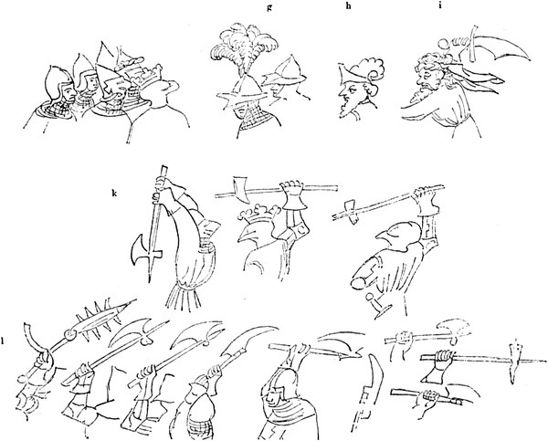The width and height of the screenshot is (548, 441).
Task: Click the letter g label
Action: [x=269, y=7]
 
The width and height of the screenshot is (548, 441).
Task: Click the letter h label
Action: [x=348, y=7]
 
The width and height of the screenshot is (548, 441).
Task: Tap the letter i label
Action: [x=440, y=6]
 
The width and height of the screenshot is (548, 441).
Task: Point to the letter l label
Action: [x=3, y=340]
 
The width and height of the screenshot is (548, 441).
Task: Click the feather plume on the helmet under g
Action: [x=245, y=48]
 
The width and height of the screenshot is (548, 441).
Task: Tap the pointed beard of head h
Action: [x=344, y=110]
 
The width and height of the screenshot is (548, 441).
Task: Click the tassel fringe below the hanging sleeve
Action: [x=184, y=297]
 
